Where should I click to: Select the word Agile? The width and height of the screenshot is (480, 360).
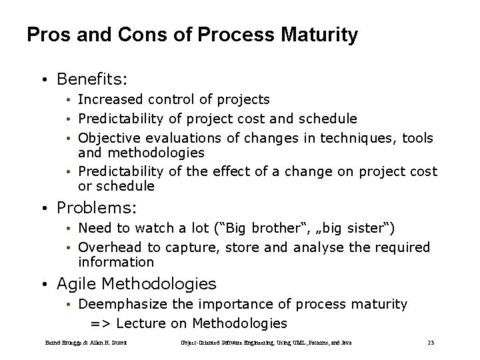click(77, 284)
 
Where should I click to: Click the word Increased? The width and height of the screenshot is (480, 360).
click(110, 100)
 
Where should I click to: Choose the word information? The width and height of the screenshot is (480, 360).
click(115, 263)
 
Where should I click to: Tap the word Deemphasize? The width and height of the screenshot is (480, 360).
click(121, 305)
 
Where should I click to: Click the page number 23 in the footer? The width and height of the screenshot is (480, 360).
click(431, 343)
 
